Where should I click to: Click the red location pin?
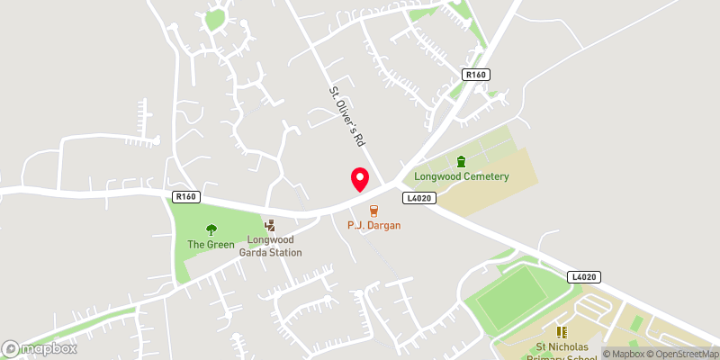click(x=359, y=178)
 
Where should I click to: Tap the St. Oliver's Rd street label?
click(x=346, y=116)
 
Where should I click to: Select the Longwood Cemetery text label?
click(x=462, y=176)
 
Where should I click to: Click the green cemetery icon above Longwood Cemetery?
click(x=462, y=161)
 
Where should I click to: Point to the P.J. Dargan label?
click(x=373, y=225)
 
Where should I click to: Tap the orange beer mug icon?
click(x=373, y=210)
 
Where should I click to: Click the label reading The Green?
click(x=211, y=245)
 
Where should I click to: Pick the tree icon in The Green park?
click(x=211, y=229)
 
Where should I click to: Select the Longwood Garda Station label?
click(x=270, y=247)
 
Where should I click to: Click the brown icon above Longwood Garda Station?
click(x=270, y=225)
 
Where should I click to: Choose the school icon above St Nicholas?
click(x=563, y=332)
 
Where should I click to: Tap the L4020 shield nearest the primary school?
click(x=584, y=277)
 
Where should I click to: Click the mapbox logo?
click(x=40, y=348)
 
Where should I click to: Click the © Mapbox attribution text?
click(x=625, y=354)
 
